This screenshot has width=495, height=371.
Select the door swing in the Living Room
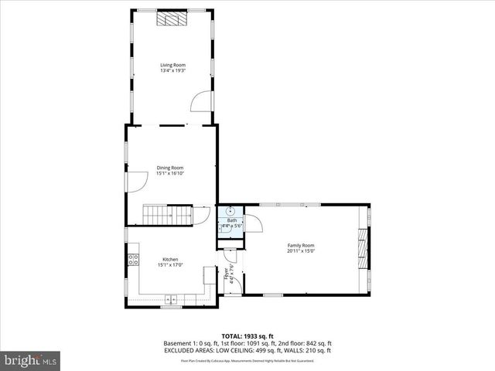click(x=200, y=100)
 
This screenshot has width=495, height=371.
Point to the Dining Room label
click(x=170, y=167)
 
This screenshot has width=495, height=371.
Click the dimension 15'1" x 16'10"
click(x=170, y=173)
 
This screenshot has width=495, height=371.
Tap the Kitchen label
click(x=170, y=259)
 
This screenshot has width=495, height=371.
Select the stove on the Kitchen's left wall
click(x=133, y=260)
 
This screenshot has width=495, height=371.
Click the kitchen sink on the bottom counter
click(x=170, y=299)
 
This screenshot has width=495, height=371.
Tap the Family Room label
click(x=301, y=245)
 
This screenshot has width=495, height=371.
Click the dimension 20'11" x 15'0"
click(x=301, y=251)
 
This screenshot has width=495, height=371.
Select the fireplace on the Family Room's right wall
click(x=363, y=245)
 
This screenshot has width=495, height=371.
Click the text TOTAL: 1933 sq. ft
click(x=247, y=337)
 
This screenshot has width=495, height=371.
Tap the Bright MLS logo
click(x=30, y=360)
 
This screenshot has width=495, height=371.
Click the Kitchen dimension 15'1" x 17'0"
click(x=170, y=265)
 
